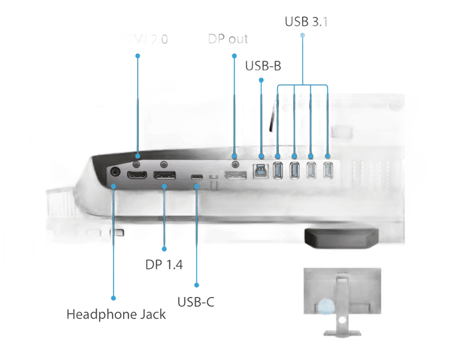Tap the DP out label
tap(228, 39)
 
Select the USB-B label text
tap(263, 65)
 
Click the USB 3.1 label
tap(307, 22)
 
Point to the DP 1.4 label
tap(164, 265)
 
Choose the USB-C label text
tap(196, 302)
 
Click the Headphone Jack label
tap(116, 314)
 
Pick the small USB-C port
tap(196, 177)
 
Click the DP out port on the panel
tap(235, 174)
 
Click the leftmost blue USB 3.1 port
tap(278, 170)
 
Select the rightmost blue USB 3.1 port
tap(328, 170)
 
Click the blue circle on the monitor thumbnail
tap(325, 308)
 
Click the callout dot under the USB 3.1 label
tap(303, 35)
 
